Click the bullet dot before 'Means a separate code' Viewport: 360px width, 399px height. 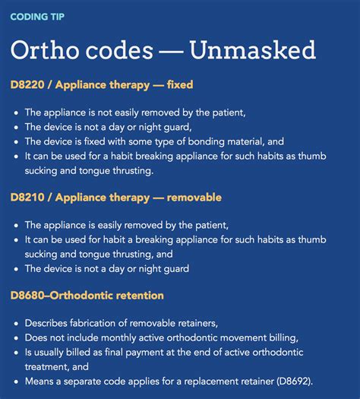pyautogui.click(x=16, y=381)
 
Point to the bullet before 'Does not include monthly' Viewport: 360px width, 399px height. pyautogui.click(x=16, y=338)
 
